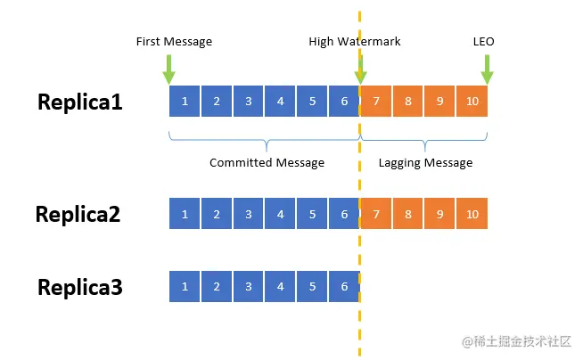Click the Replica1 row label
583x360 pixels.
pos(80,102)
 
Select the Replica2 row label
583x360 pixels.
pos(78,215)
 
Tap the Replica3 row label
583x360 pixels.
pos(80,287)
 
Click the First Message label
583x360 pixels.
pos(174,41)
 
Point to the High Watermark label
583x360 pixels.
pos(355,41)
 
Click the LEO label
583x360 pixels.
pos(484,41)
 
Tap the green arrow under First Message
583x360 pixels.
pos(168,70)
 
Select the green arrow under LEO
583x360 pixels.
pos(487,70)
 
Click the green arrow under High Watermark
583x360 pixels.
pos(360,70)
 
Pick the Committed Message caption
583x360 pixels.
pos(267,163)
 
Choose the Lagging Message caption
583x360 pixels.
pos(426,163)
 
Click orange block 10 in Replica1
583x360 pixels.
pos(472,101)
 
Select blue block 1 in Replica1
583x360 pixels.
pos(185,101)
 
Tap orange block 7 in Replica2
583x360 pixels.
pos(376,214)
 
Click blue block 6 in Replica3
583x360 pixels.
pos(344,286)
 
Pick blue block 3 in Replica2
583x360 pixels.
pos(249,214)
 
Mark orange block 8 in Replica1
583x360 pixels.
pos(408,101)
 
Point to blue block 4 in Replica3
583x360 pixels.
pos(280,286)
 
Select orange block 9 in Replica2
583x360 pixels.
pos(439,214)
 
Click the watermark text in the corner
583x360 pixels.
pos(516,341)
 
